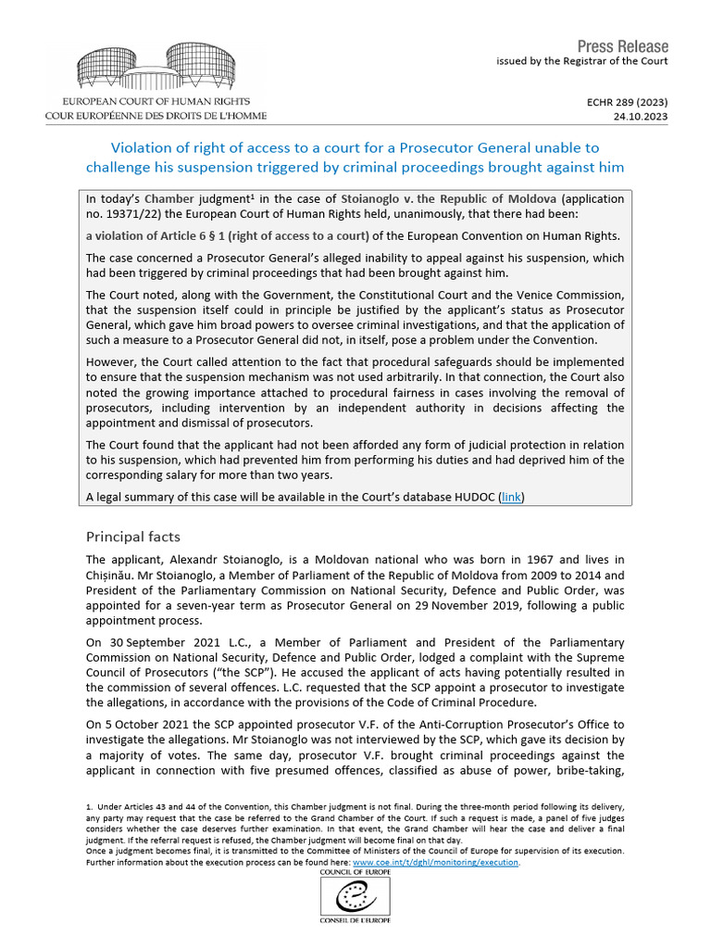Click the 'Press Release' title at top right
pos(622,46)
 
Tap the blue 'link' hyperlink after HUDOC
pos(510,497)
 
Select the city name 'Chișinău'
pos(114,577)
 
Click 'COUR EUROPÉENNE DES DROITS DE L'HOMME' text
pos(156,116)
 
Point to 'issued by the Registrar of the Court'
pos(581,61)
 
